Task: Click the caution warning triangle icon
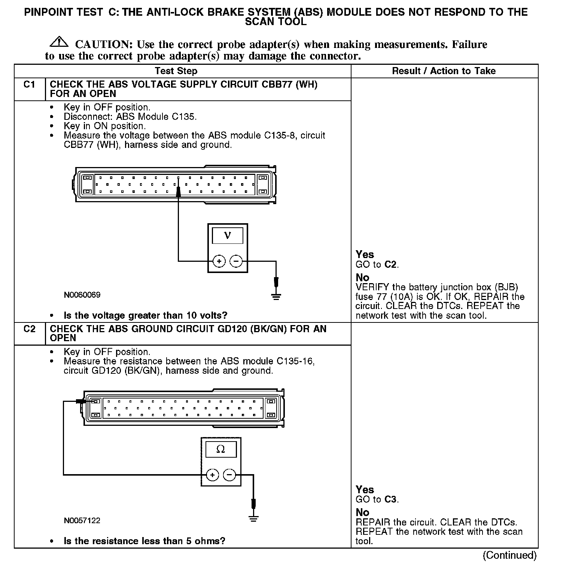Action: point(58,42)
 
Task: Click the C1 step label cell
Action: point(29,85)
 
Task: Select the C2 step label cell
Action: point(29,329)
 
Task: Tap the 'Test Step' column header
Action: point(176,71)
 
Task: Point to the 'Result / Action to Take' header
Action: point(444,71)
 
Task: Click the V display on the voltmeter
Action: point(227,236)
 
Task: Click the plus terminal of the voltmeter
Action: point(219,261)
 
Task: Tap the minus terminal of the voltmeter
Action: point(236,261)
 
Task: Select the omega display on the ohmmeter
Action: point(220,449)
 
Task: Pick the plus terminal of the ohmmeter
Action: point(212,475)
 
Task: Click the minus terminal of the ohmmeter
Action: point(229,475)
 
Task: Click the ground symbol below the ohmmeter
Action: point(253,519)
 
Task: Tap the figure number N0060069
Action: point(82,295)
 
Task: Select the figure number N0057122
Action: point(82,521)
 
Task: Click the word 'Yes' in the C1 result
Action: point(365,255)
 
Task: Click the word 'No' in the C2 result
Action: point(362,512)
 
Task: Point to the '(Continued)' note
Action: point(509,555)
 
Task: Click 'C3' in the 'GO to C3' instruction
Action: point(390,499)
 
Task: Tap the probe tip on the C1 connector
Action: point(178,192)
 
